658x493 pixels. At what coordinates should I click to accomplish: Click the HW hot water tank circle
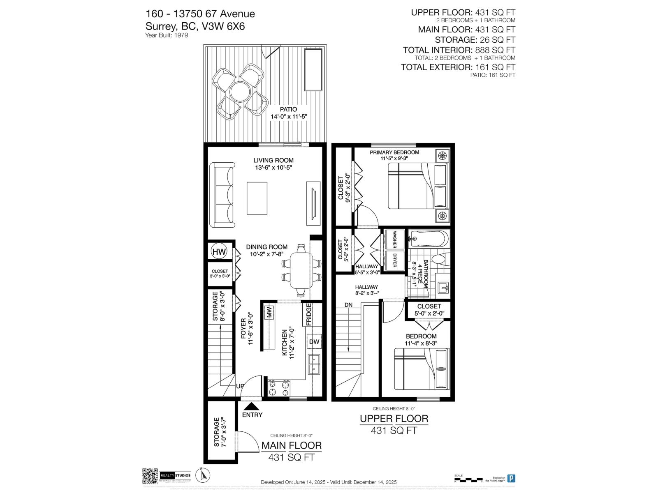tap(219, 251)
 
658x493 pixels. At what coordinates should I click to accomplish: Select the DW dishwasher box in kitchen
tap(314, 342)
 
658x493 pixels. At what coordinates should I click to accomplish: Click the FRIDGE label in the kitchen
tap(308, 314)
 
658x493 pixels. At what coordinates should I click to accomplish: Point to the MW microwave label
tap(270, 312)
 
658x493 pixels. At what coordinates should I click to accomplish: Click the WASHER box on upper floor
tap(394, 240)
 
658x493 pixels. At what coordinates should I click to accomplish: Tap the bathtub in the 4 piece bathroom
tap(429, 238)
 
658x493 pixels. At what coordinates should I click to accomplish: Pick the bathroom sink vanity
tap(443, 286)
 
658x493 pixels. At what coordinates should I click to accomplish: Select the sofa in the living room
tap(222, 195)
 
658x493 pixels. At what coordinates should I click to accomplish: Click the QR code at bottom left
tap(150, 476)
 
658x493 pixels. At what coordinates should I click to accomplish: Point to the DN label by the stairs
tap(349, 305)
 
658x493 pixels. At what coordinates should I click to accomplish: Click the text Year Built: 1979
tap(167, 35)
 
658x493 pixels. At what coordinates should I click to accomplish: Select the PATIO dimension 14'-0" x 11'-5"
tap(289, 117)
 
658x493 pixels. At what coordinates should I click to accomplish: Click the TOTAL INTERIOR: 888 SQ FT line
tap(459, 50)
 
